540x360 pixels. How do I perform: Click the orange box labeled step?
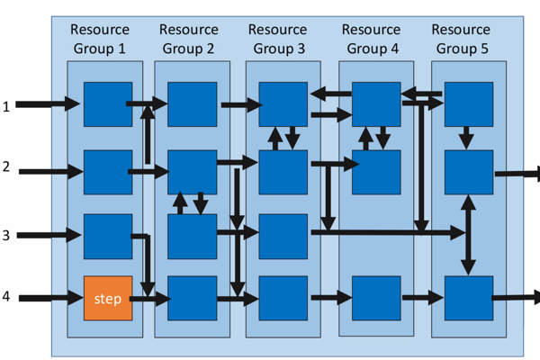(x=108, y=298)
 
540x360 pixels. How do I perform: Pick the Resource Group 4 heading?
(x=372, y=40)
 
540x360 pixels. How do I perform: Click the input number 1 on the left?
(x=6, y=106)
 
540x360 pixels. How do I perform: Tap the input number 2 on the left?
(x=6, y=168)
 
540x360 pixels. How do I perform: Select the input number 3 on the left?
(x=6, y=236)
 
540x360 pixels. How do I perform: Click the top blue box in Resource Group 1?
(x=108, y=103)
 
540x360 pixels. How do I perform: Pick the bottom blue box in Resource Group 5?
(x=468, y=298)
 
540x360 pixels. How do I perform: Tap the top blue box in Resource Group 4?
(x=376, y=103)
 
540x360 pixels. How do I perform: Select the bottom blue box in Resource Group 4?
(x=376, y=298)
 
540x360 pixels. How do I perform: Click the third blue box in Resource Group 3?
(x=283, y=236)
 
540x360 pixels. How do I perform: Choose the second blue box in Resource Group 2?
(x=192, y=172)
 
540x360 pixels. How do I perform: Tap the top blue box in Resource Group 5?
(x=468, y=103)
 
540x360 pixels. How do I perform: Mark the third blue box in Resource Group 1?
(x=108, y=236)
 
